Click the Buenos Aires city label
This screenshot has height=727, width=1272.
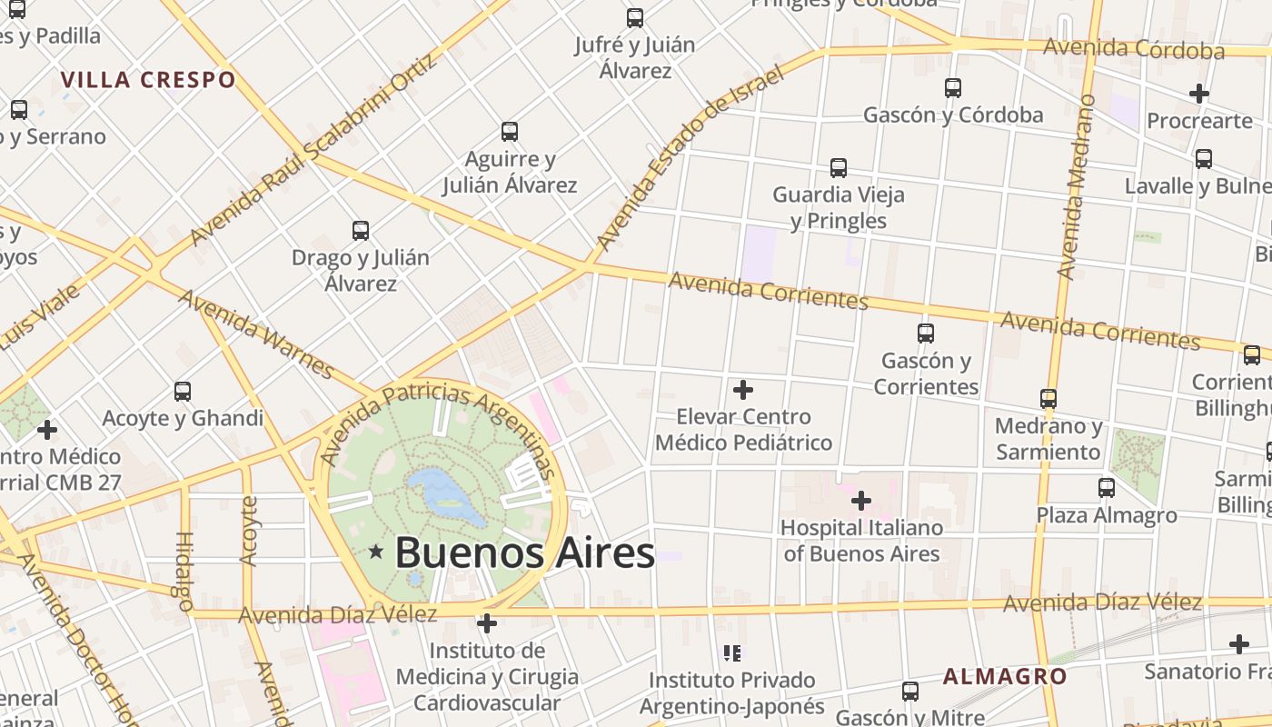click(524, 552)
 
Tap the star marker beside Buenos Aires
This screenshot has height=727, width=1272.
click(376, 552)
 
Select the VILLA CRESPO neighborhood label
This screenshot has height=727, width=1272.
click(148, 79)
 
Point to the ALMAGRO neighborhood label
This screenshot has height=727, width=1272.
click(1005, 676)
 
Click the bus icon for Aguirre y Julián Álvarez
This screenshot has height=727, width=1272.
click(510, 132)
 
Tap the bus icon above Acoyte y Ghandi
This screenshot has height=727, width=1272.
click(183, 392)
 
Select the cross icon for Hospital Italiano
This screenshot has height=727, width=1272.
click(860, 501)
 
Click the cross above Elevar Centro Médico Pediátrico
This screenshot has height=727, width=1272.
click(743, 390)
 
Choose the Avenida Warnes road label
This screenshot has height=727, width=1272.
click(255, 334)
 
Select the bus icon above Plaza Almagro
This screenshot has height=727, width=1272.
click(1106, 488)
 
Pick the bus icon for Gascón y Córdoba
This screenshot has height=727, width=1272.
click(952, 88)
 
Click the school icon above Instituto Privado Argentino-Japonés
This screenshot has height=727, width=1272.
click(732, 652)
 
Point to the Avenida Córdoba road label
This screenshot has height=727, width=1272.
click(1133, 48)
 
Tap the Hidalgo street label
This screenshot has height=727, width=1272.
click(182, 570)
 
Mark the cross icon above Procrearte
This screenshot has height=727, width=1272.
click(1199, 94)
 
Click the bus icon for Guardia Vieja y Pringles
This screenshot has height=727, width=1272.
click(838, 168)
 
